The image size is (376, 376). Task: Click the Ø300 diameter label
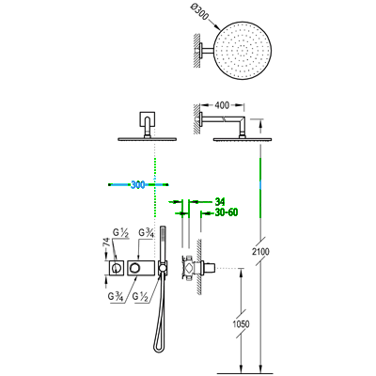198,13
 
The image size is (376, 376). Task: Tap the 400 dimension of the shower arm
222,105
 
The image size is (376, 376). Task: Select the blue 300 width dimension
138,185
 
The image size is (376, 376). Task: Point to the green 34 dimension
220,201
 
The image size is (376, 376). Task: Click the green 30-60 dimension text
227,212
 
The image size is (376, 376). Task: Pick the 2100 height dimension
259,251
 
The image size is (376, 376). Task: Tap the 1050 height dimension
241,323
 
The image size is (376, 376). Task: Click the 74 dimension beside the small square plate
106,243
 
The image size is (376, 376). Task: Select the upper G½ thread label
120,233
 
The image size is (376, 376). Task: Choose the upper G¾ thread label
146,233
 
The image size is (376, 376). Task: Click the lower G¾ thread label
116,296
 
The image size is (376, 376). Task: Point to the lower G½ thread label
140,296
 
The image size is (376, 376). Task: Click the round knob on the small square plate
117,268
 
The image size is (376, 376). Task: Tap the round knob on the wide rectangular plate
135,268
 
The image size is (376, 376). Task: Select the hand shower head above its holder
163,243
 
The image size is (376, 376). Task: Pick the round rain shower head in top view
243,51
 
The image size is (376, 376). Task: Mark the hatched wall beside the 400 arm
196,118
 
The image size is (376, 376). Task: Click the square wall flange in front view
147,118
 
